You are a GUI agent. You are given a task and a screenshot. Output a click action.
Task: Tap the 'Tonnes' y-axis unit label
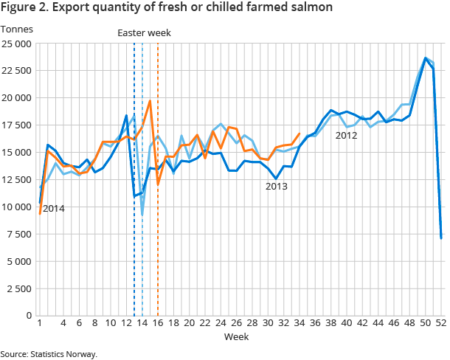coord(16,29)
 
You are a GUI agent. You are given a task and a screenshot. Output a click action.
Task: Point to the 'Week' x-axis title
coord(238,336)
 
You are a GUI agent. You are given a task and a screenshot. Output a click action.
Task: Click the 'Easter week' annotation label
coord(145,32)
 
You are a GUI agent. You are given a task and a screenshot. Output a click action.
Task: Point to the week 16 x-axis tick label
coord(157,323)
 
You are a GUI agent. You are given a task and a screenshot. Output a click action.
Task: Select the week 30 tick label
coord(268,323)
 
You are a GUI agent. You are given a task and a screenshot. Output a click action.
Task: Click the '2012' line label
coord(346,135)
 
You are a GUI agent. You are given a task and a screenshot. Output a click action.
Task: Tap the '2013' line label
coord(277,187)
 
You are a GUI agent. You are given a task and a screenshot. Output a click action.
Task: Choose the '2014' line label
coord(54,209)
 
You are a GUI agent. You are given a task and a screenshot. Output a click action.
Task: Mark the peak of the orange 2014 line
coord(150,101)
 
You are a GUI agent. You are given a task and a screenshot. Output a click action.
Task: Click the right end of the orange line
coord(300,134)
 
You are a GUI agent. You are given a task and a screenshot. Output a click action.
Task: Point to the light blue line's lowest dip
coord(142,215)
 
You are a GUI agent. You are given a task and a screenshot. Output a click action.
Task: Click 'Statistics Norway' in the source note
coord(64,354)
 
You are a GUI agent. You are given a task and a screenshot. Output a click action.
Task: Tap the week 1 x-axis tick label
coord(39,323)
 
